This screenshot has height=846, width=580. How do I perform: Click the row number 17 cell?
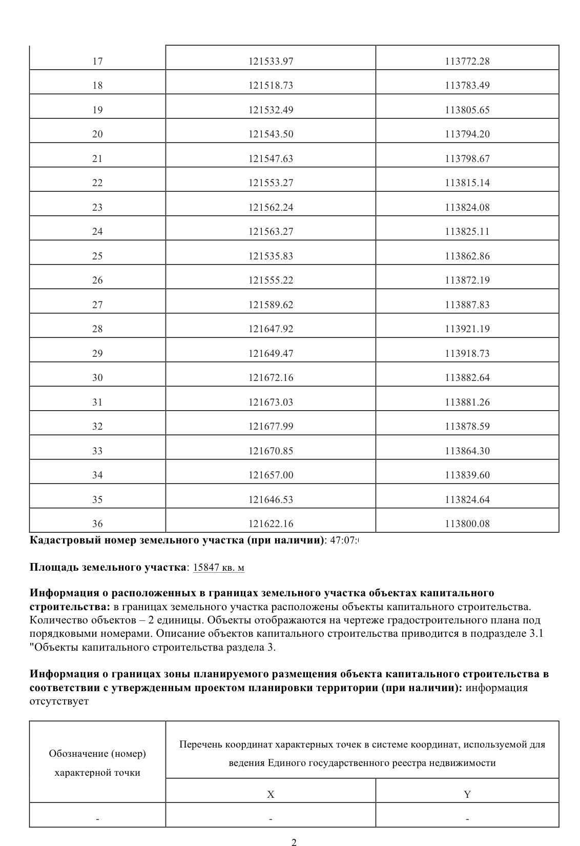(97, 62)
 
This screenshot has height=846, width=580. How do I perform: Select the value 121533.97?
(271, 62)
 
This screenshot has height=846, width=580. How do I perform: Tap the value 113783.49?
(467, 86)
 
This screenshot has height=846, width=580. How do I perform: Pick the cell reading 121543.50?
(271, 134)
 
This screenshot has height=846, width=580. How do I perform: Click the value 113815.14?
(467, 183)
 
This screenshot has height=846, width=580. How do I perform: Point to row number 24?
(97, 232)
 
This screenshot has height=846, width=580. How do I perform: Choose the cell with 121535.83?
(271, 256)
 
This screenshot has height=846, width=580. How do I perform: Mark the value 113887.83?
(467, 305)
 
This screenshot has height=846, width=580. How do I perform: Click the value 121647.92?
(271, 329)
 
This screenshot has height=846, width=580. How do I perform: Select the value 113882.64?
(467, 378)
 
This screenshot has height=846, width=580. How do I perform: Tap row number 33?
(97, 451)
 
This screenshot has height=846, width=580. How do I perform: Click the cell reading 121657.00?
(271, 475)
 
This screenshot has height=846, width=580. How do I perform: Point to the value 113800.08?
(467, 524)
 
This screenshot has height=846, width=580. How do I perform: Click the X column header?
(271, 795)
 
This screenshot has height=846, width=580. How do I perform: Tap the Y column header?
(467, 795)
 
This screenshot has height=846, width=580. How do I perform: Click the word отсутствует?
(59, 701)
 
